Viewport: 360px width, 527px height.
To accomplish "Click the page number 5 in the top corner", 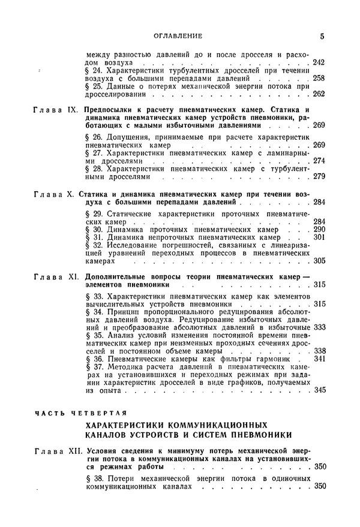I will coord(322,36).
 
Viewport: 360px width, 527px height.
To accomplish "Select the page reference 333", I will coord(319,327).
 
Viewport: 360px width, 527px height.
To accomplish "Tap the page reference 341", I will coord(319,359).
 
